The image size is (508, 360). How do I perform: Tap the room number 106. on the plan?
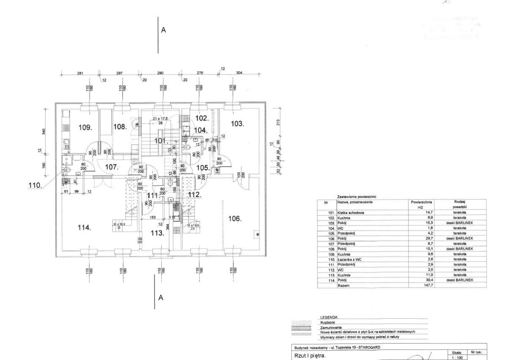(x=235, y=219)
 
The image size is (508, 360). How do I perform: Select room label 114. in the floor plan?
(x=85, y=228)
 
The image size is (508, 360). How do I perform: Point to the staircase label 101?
(x=161, y=140)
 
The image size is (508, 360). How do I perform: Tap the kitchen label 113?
(x=158, y=233)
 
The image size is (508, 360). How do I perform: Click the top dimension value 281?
(x=80, y=73)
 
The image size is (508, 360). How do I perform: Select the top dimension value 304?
(x=239, y=73)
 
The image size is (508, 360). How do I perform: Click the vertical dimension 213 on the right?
(x=278, y=123)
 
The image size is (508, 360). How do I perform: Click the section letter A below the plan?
(x=161, y=298)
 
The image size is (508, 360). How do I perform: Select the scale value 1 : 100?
(x=457, y=357)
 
